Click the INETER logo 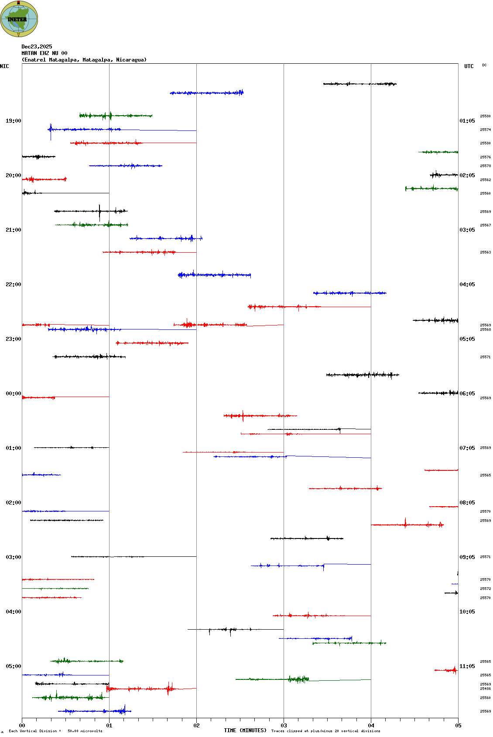19,19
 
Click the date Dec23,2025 37,47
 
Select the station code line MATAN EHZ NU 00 45,53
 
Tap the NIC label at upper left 4,66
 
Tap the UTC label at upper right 469,66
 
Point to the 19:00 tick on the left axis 13,121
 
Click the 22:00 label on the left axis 13,285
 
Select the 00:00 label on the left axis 13,394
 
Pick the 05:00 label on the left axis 13,666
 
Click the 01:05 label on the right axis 467,121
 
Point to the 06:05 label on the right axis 467,394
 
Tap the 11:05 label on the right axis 467,666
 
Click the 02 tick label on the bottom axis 196,726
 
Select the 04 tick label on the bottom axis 371,726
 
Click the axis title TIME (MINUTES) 245,730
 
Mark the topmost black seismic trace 359,84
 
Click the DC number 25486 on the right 485,689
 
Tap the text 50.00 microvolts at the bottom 85,731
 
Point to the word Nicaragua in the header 130,60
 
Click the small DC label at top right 484,65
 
